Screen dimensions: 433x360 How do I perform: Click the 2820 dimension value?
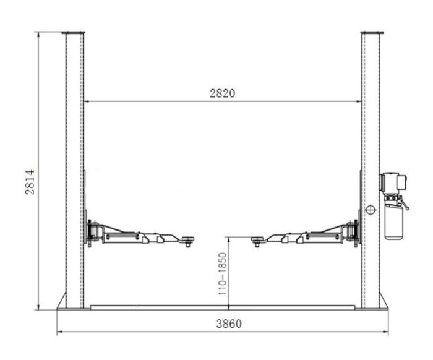pos(222,93)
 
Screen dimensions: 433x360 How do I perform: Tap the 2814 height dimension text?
pos(30,182)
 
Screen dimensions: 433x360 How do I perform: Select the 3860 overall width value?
pos(229,324)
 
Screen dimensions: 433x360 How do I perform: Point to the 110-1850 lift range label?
pos(222,273)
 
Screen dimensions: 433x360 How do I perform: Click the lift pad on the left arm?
pos(188,239)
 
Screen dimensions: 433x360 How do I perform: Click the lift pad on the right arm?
pos(257,239)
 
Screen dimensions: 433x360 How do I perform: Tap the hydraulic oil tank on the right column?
pos(394,221)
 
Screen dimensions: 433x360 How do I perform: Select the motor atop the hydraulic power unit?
pos(394,183)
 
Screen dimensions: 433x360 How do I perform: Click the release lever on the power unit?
pos(404,204)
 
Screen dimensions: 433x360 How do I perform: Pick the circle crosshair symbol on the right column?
pos(371,210)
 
